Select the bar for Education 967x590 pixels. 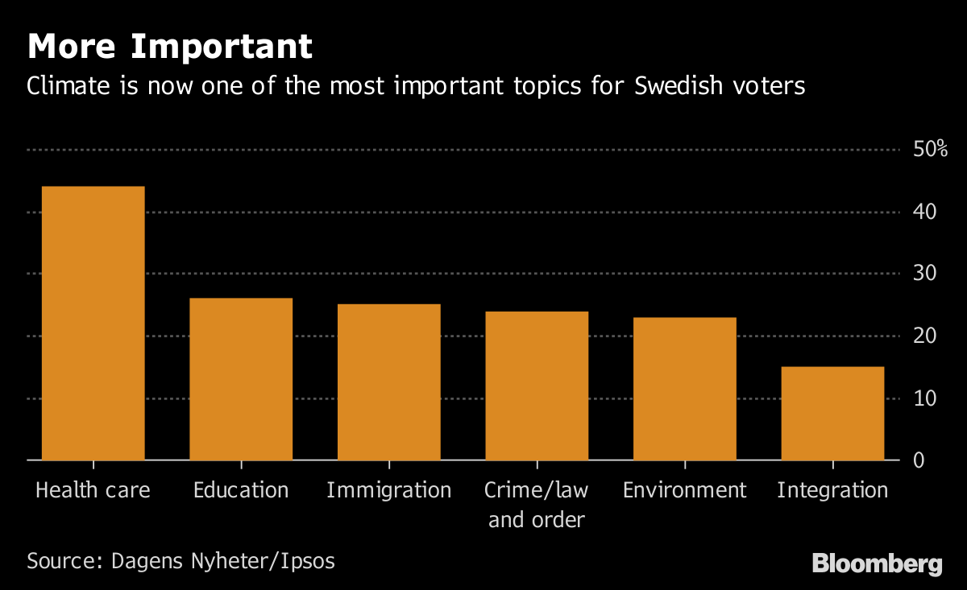(x=241, y=379)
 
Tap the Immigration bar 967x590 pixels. (x=389, y=382)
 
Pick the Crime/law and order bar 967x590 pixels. (x=537, y=386)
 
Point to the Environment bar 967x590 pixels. (x=685, y=389)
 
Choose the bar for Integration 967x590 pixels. (x=832, y=414)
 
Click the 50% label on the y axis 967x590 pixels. (x=930, y=150)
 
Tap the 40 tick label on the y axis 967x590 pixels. (x=924, y=212)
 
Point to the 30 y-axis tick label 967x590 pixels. (x=924, y=274)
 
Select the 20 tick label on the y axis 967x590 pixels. (x=924, y=336)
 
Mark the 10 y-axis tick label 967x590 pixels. (x=924, y=398)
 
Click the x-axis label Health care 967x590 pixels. (x=93, y=490)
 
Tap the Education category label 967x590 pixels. (x=241, y=490)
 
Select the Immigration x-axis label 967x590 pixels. (x=389, y=490)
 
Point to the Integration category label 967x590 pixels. (x=832, y=490)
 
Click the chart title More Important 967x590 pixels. (x=170, y=47)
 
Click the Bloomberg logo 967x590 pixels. (x=877, y=563)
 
